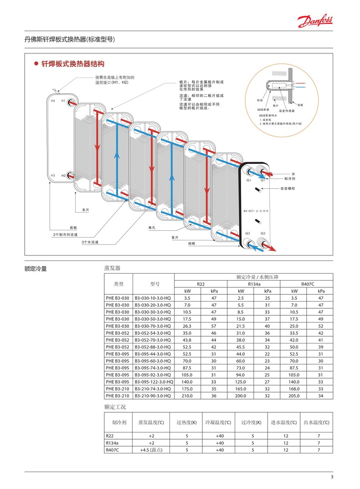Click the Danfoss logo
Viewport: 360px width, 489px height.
pyautogui.click(x=315, y=21)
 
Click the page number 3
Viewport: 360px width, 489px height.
pyautogui.click(x=332, y=477)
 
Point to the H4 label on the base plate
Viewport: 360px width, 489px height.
pyautogui.click(x=53, y=100)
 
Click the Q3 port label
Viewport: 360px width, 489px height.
pyautogui.click(x=248, y=233)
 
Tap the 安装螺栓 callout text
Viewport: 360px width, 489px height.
pyautogui.click(x=288, y=188)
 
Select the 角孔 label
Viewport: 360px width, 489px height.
pyautogui.click(x=152, y=227)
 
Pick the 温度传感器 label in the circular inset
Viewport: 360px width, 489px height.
pyautogui.click(x=287, y=111)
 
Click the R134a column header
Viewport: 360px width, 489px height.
pyautogui.click(x=254, y=284)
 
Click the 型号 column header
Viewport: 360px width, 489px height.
pyautogui.click(x=154, y=284)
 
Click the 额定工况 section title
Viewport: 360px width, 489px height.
pyautogui.click(x=115, y=407)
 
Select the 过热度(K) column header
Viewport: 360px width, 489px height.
pyautogui.click(x=187, y=422)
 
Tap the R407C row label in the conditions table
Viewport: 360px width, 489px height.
pyautogui.click(x=113, y=450)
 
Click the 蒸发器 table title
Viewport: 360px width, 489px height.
pyautogui.click(x=112, y=268)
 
